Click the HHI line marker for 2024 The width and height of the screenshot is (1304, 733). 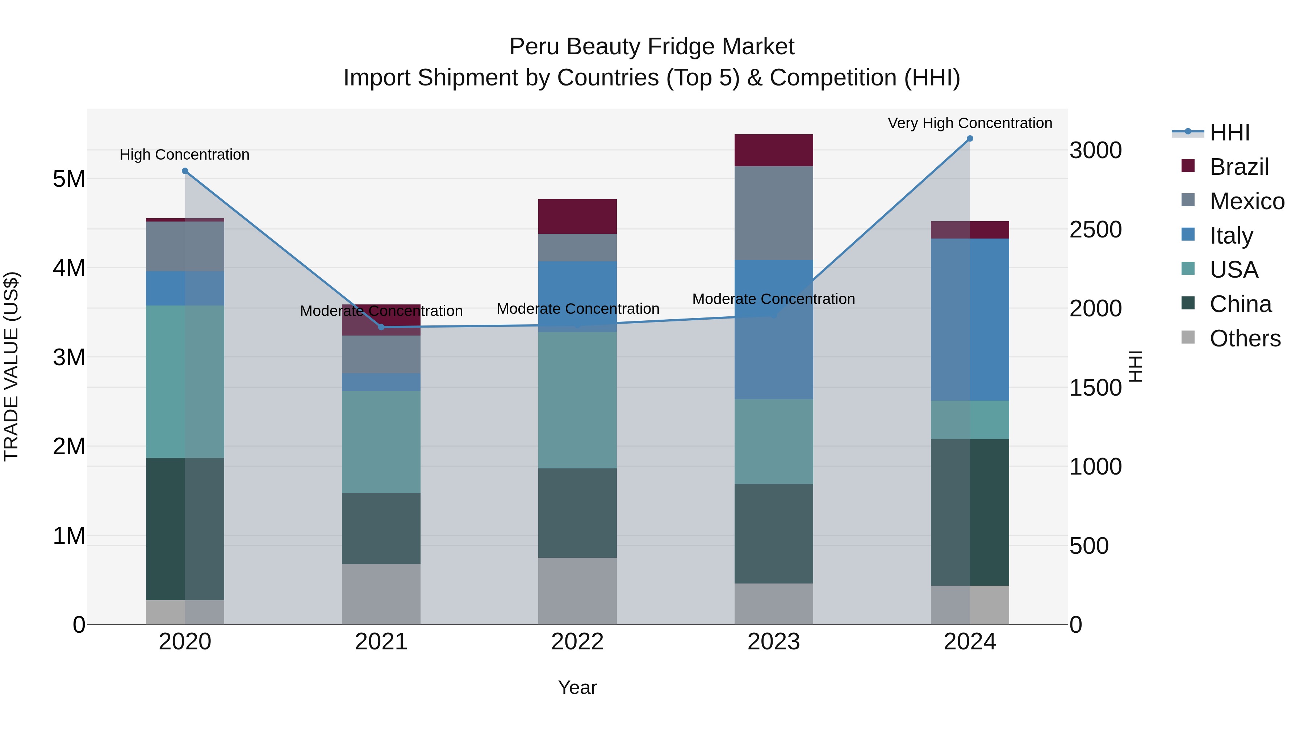pyautogui.click(x=970, y=139)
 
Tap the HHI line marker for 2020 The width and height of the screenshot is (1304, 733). pyautogui.click(x=185, y=171)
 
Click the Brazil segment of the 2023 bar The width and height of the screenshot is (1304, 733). pyautogui.click(x=773, y=150)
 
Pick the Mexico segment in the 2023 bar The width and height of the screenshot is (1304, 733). pyautogui.click(x=773, y=213)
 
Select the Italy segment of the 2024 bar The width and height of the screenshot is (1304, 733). pyautogui.click(x=970, y=320)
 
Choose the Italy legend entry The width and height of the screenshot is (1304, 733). pyautogui.click(x=1231, y=236)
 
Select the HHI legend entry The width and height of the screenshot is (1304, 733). pyautogui.click(x=1229, y=132)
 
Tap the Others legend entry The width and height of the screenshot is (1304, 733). pyautogui.click(x=1244, y=338)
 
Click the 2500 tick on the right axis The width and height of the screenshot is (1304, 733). pyautogui.click(x=1095, y=229)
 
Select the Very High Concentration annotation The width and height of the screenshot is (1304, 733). pyautogui.click(x=970, y=123)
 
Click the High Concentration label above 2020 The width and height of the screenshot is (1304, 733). pyautogui.click(x=184, y=154)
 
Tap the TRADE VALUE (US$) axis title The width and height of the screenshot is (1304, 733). pyautogui.click(x=11, y=366)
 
